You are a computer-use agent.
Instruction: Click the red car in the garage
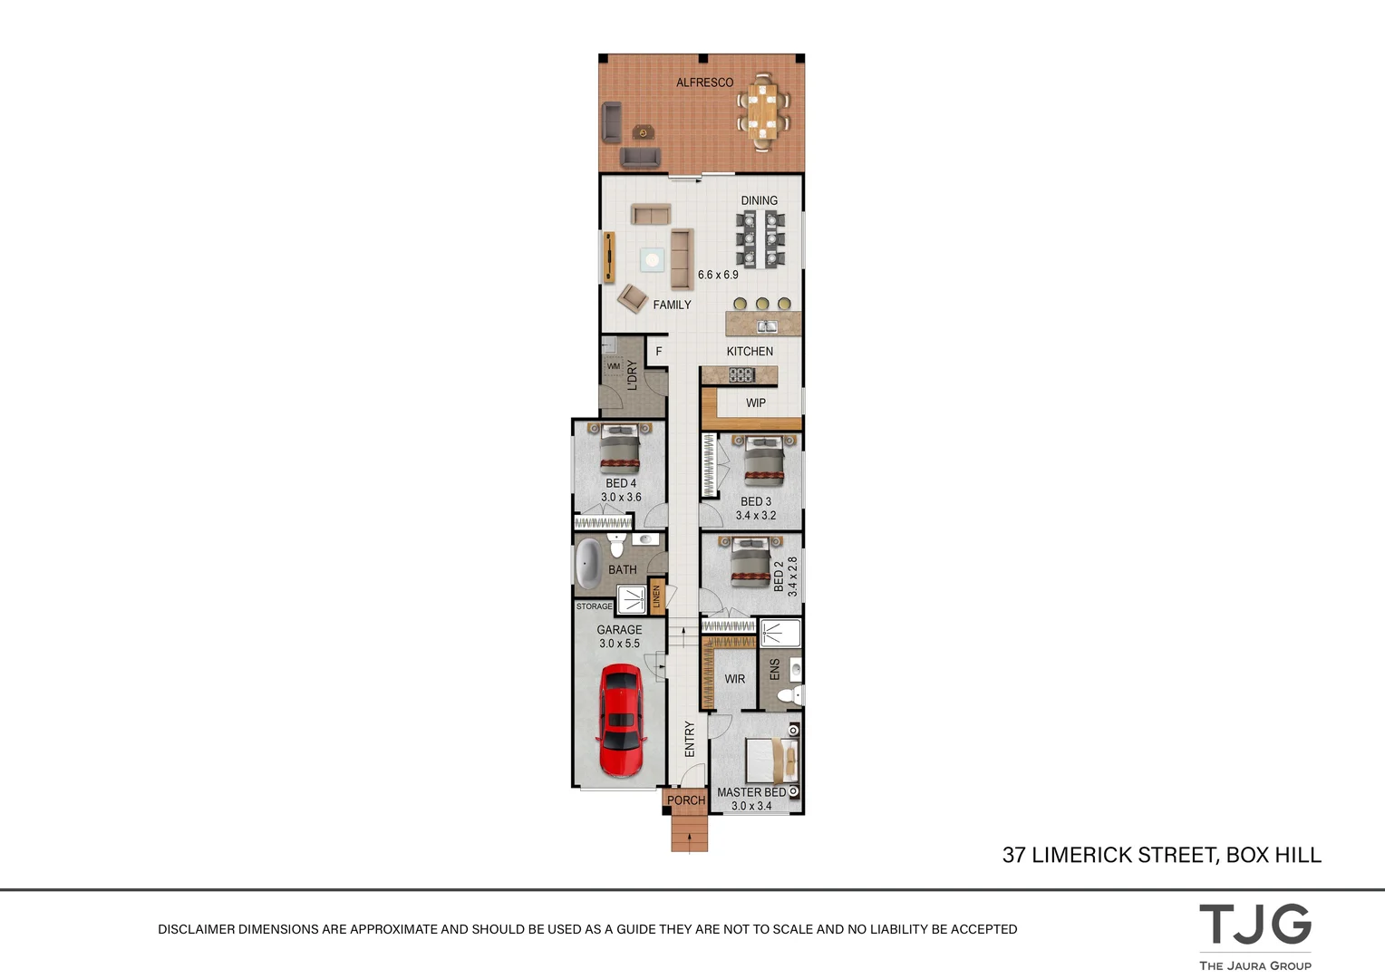coord(621,720)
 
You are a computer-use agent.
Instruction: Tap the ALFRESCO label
coord(704,82)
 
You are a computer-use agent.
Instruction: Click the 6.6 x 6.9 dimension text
coord(718,275)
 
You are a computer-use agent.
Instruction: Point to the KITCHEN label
coord(750,352)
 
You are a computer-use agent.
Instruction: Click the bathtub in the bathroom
coord(589,563)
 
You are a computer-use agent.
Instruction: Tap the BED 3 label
coord(756,501)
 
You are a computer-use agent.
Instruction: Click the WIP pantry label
coord(756,403)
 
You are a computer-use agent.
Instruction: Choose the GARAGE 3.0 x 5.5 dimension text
coord(619,644)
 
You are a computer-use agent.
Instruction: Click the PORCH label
coord(685,800)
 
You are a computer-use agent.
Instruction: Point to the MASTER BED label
coord(751,792)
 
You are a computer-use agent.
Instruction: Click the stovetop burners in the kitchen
coord(741,374)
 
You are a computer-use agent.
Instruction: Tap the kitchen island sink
coord(767,326)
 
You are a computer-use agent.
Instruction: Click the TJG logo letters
coord(1254,926)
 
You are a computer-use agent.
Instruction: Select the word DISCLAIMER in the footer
coord(196,929)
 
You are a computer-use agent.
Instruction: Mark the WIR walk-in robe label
coord(734,679)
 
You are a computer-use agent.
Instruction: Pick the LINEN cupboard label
coord(656,596)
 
